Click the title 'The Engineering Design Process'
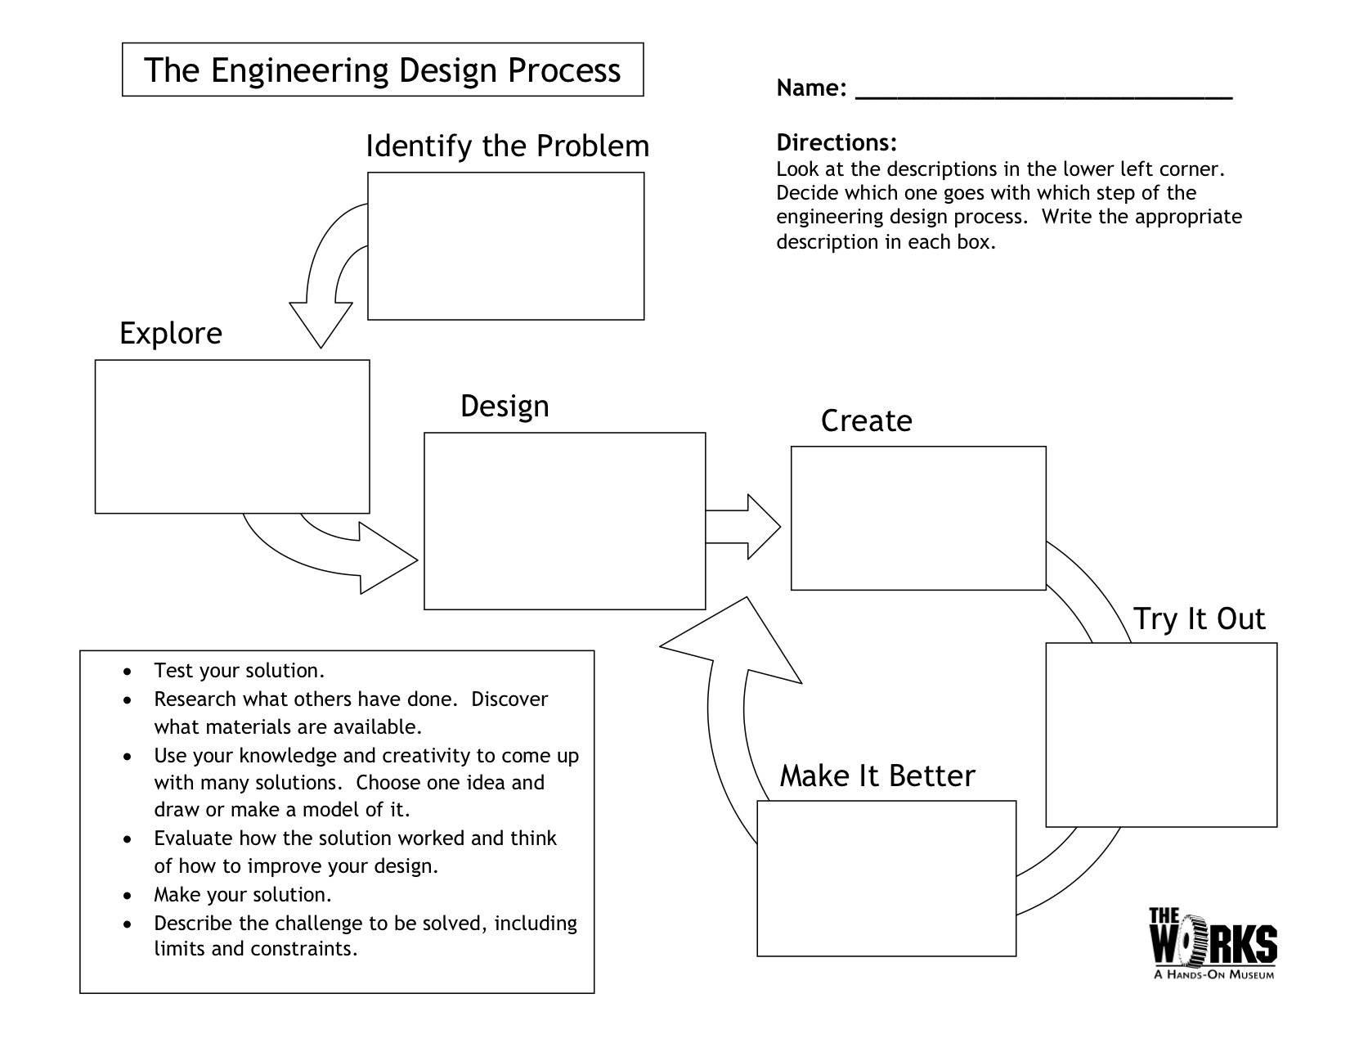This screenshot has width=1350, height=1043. pyautogui.click(x=383, y=70)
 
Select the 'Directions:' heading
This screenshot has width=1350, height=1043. pyautogui.click(x=836, y=143)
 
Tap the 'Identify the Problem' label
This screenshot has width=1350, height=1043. pyautogui.click(x=507, y=146)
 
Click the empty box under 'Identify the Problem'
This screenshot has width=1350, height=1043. pyautogui.click(x=505, y=245)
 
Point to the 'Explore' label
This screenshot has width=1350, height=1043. pyautogui.click(x=171, y=334)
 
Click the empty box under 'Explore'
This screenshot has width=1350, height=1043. pyautogui.click(x=232, y=437)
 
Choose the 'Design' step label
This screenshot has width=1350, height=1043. pyautogui.click(x=505, y=406)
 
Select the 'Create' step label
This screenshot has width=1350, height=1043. pyautogui.click(x=866, y=421)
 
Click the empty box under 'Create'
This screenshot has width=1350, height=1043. pyautogui.click(x=918, y=518)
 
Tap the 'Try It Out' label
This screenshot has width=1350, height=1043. pyautogui.click(x=1199, y=619)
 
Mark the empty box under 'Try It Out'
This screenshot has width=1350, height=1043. pyautogui.click(x=1161, y=735)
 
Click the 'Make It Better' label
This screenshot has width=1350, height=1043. pyautogui.click(x=877, y=776)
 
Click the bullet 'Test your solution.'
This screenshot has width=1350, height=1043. pyautogui.click(x=240, y=672)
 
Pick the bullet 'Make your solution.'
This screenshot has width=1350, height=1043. pyautogui.click(x=243, y=895)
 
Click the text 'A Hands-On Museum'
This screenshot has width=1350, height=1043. pyautogui.click(x=1213, y=974)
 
